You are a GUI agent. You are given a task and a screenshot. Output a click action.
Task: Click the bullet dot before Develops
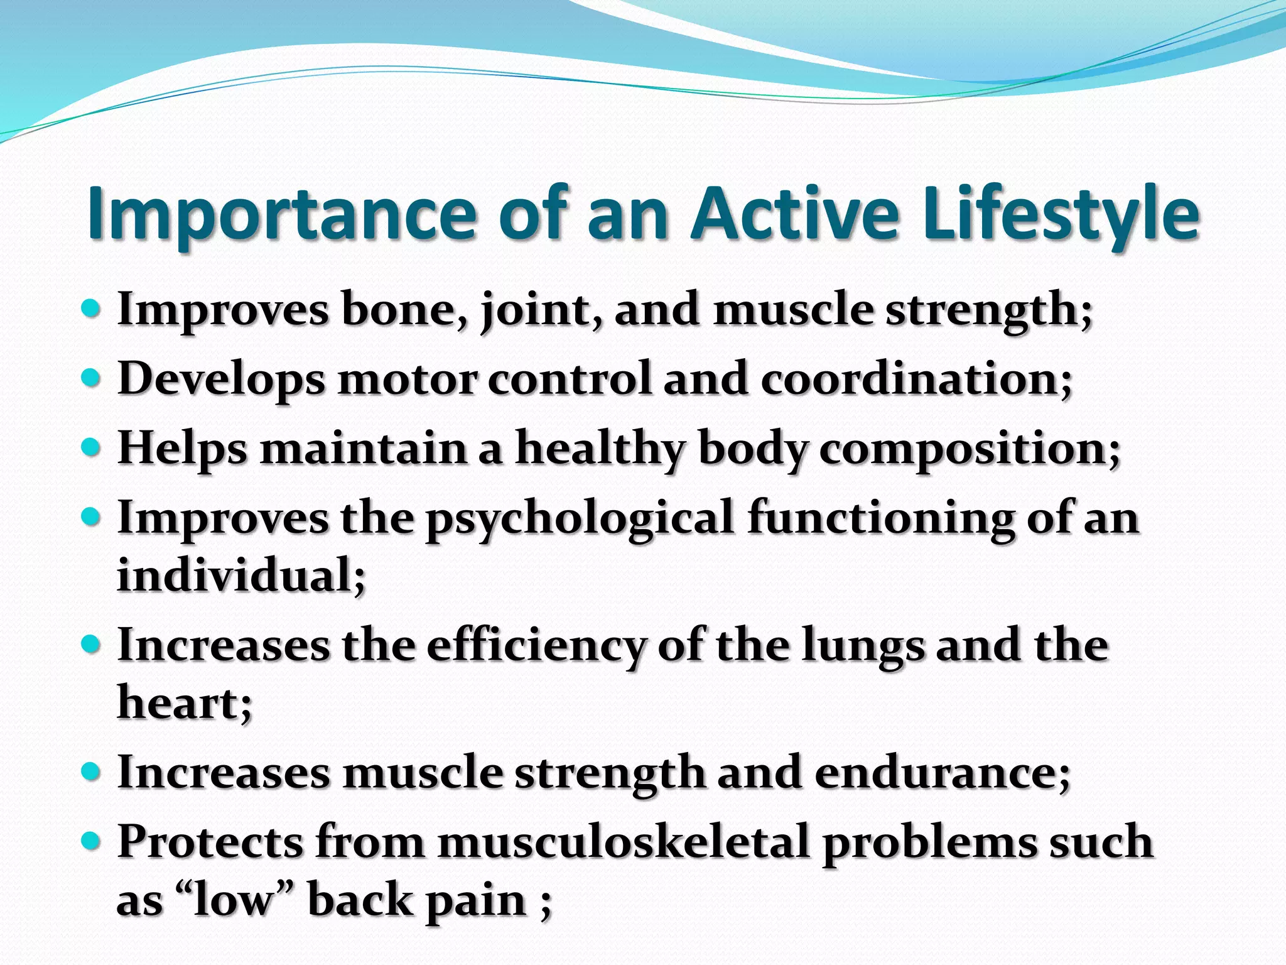tap(92, 378)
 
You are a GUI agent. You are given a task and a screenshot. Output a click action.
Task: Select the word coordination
tap(916, 380)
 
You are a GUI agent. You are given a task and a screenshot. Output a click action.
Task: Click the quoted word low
tap(235, 900)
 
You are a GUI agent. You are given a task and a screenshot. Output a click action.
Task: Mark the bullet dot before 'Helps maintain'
tap(92, 448)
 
